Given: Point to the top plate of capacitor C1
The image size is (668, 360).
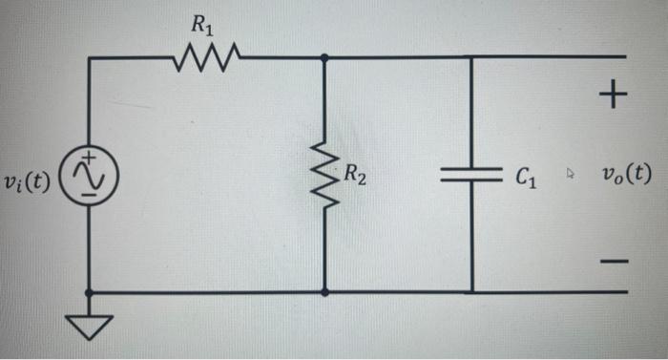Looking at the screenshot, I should [x=472, y=170].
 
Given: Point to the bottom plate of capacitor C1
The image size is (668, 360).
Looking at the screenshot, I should [x=472, y=181].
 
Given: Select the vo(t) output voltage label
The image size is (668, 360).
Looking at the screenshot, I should [x=627, y=175].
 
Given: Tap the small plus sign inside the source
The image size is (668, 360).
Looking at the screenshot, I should [x=88, y=159].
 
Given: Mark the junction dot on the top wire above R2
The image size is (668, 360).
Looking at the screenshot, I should [x=324, y=57].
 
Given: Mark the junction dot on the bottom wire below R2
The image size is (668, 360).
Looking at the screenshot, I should [x=324, y=292].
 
